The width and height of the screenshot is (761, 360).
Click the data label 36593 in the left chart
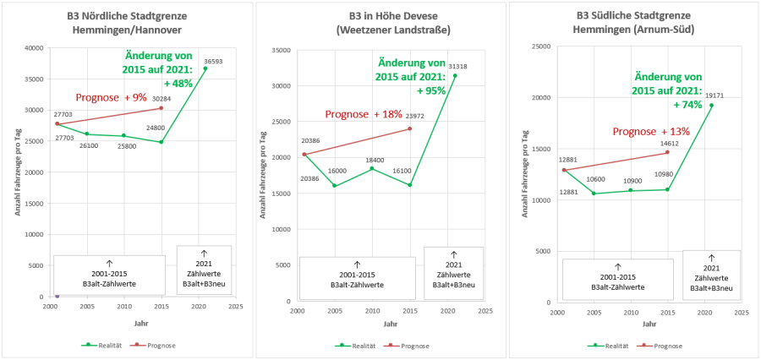(211, 61)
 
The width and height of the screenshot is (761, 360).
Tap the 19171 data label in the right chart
(716, 95)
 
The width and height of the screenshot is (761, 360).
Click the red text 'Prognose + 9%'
(111, 97)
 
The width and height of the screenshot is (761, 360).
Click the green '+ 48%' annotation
(179, 84)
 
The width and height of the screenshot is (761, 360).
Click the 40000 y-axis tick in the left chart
(35, 47)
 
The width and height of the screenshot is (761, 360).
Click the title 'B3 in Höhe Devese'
(380, 16)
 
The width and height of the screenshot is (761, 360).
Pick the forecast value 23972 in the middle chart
(414, 115)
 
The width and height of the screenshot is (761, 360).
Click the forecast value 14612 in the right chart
(668, 144)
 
